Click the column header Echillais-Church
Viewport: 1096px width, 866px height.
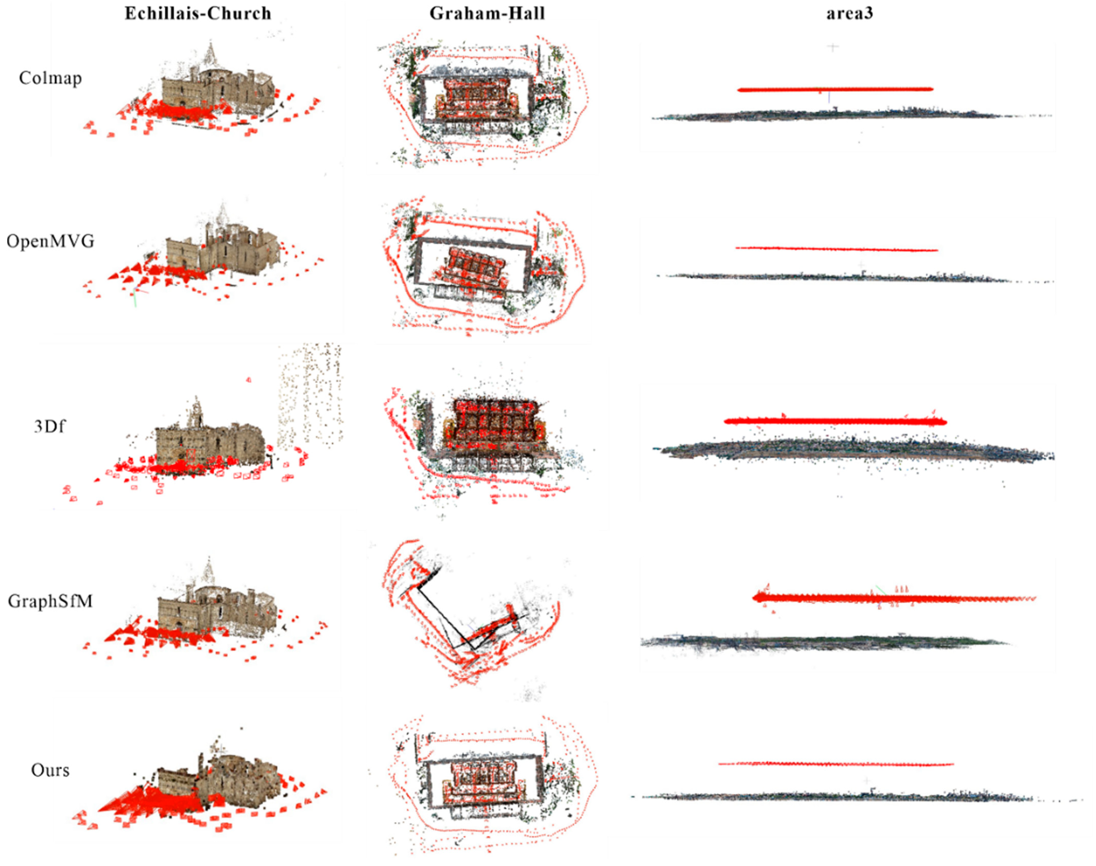click(198, 13)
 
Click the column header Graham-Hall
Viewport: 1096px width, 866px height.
click(487, 13)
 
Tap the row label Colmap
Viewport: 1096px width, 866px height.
click(50, 78)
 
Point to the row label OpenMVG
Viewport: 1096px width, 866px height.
click(50, 241)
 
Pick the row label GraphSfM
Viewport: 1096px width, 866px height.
click(50, 601)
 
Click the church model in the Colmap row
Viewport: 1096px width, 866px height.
click(218, 91)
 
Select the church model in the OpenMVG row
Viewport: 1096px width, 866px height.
click(223, 253)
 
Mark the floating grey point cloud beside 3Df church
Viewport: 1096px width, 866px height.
click(309, 395)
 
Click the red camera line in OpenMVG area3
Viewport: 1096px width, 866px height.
click(837, 249)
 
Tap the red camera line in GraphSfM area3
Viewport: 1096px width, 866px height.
click(893, 598)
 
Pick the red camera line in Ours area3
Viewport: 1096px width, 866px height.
click(836, 764)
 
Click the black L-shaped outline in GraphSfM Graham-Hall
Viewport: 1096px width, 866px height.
click(446, 619)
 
